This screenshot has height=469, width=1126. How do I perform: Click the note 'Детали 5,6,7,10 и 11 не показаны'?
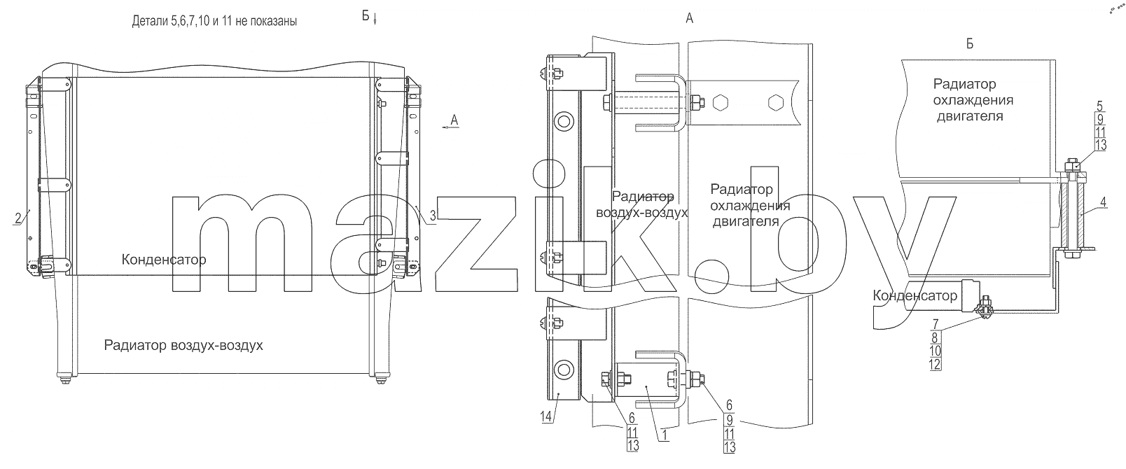click(x=214, y=21)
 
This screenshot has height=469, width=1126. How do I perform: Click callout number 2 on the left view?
click(x=18, y=218)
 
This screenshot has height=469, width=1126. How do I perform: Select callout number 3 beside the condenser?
click(x=433, y=216)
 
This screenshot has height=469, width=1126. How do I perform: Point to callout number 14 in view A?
click(x=546, y=416)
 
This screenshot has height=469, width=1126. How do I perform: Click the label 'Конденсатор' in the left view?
click(x=164, y=260)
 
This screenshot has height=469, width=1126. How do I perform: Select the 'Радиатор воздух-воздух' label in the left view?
click(x=183, y=346)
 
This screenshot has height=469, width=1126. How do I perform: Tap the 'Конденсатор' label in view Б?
click(x=915, y=295)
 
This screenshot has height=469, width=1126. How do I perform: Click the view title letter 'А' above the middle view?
click(x=689, y=19)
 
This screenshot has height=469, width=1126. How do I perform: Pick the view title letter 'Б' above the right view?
click(x=970, y=44)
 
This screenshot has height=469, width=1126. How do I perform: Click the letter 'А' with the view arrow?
click(x=454, y=120)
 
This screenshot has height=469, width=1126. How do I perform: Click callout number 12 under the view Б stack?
click(x=935, y=365)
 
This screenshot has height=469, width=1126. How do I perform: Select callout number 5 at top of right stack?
click(x=1100, y=106)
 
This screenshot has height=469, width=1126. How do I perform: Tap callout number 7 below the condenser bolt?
click(x=935, y=324)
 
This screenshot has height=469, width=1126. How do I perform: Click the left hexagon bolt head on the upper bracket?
click(x=721, y=102)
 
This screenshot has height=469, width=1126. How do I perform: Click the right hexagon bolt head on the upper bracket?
click(x=776, y=102)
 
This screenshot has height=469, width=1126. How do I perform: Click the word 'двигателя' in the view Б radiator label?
click(x=970, y=117)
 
